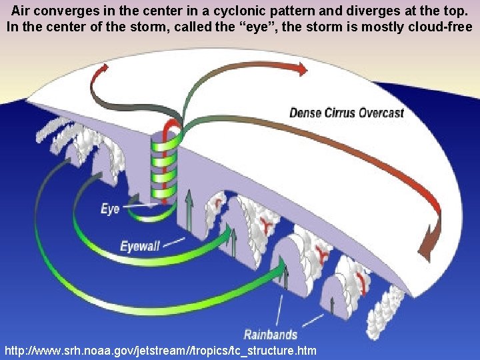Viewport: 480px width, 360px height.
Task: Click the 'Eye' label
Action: pyautogui.click(x=110, y=209)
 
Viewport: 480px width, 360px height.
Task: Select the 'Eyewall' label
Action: pyautogui.click(x=140, y=247)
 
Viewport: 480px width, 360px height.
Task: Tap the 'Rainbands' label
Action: pyautogui.click(x=270, y=335)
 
